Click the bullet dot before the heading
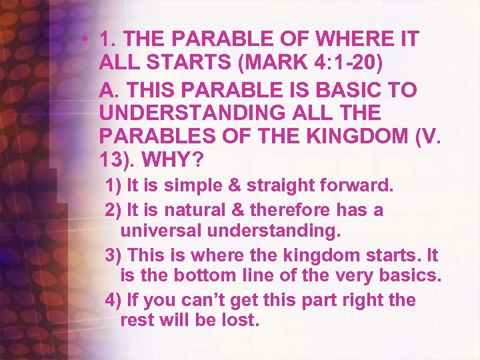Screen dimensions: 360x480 (87, 39)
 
